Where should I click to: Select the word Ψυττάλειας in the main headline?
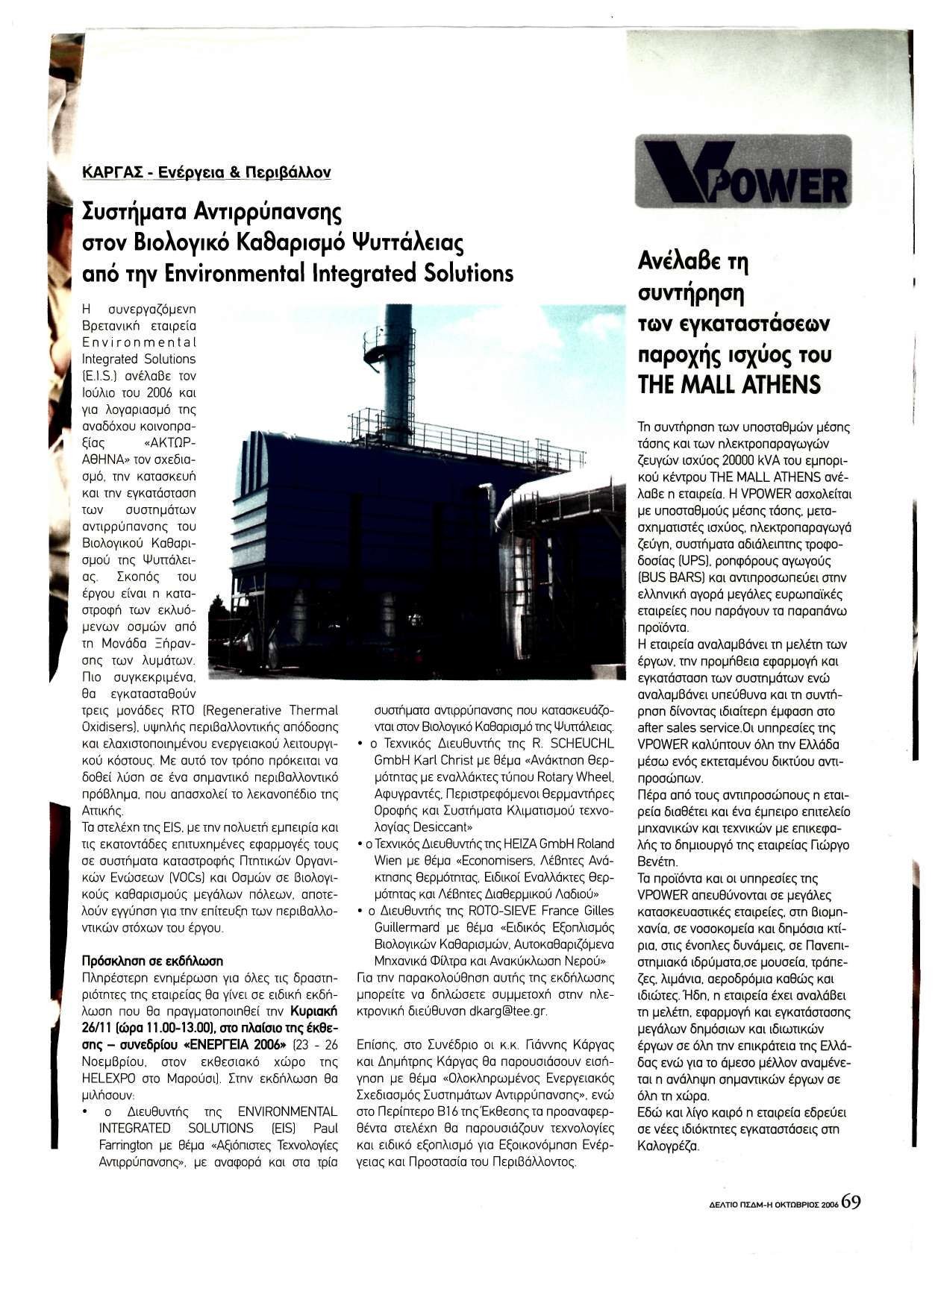click(x=410, y=243)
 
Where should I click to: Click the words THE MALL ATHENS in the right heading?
click(x=729, y=384)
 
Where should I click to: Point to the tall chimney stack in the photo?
click(x=396, y=373)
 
